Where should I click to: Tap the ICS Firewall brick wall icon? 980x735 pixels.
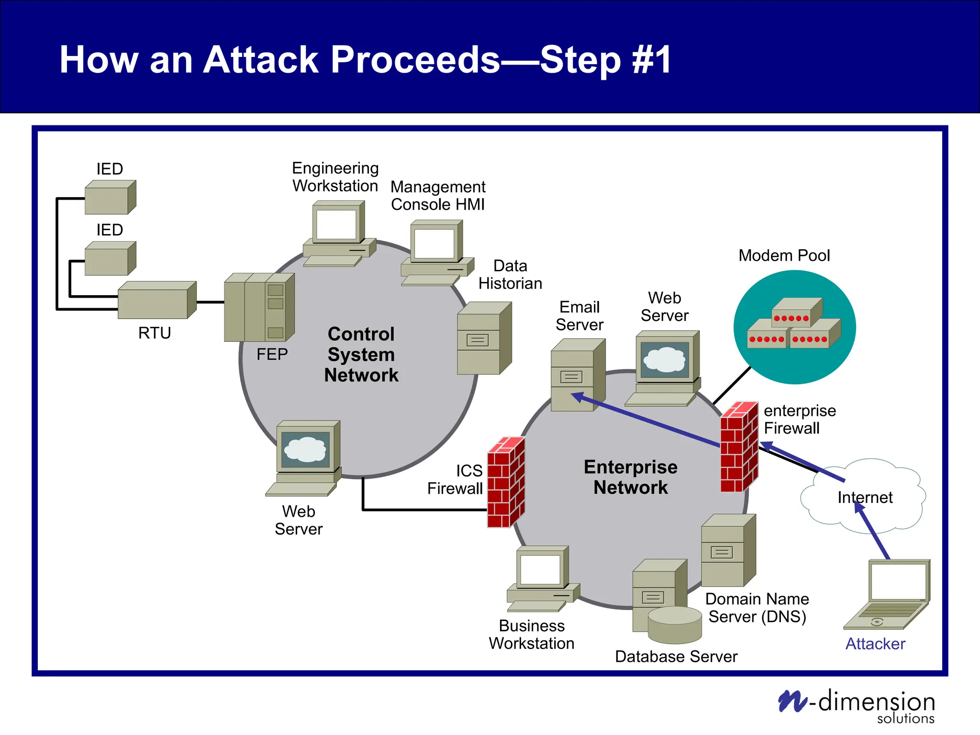click(506, 482)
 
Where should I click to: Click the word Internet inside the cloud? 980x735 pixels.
click(865, 498)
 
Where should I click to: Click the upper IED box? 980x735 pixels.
click(110, 198)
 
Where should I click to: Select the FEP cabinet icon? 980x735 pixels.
click(259, 308)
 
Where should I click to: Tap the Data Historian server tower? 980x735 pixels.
click(484, 338)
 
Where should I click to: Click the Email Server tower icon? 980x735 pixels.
click(577, 375)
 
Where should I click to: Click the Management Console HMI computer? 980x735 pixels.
click(436, 253)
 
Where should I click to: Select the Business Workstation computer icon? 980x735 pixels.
click(543, 579)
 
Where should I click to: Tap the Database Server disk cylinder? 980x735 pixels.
click(675, 625)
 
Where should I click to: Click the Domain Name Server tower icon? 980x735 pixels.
click(728, 551)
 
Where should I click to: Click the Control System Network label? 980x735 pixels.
click(361, 355)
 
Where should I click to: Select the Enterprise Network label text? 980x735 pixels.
click(631, 477)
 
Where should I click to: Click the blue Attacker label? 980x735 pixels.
click(875, 644)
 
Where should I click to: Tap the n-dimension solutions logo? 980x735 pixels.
click(857, 706)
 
